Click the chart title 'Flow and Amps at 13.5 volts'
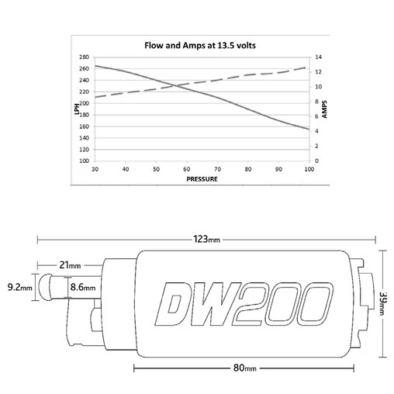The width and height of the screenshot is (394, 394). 202,44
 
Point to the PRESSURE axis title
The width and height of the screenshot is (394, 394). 202,178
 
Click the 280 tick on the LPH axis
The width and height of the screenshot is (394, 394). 84,57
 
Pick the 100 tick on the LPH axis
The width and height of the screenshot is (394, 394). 84,161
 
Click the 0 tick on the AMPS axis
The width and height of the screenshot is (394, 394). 316,161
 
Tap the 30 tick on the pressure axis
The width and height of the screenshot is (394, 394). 95,168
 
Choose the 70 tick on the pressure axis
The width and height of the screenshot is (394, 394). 217,168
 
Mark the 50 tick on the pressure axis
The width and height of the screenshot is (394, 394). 156,168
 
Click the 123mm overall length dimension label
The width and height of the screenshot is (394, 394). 206,240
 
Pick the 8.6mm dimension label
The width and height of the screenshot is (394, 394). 82,288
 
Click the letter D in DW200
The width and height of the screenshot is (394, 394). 172,304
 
